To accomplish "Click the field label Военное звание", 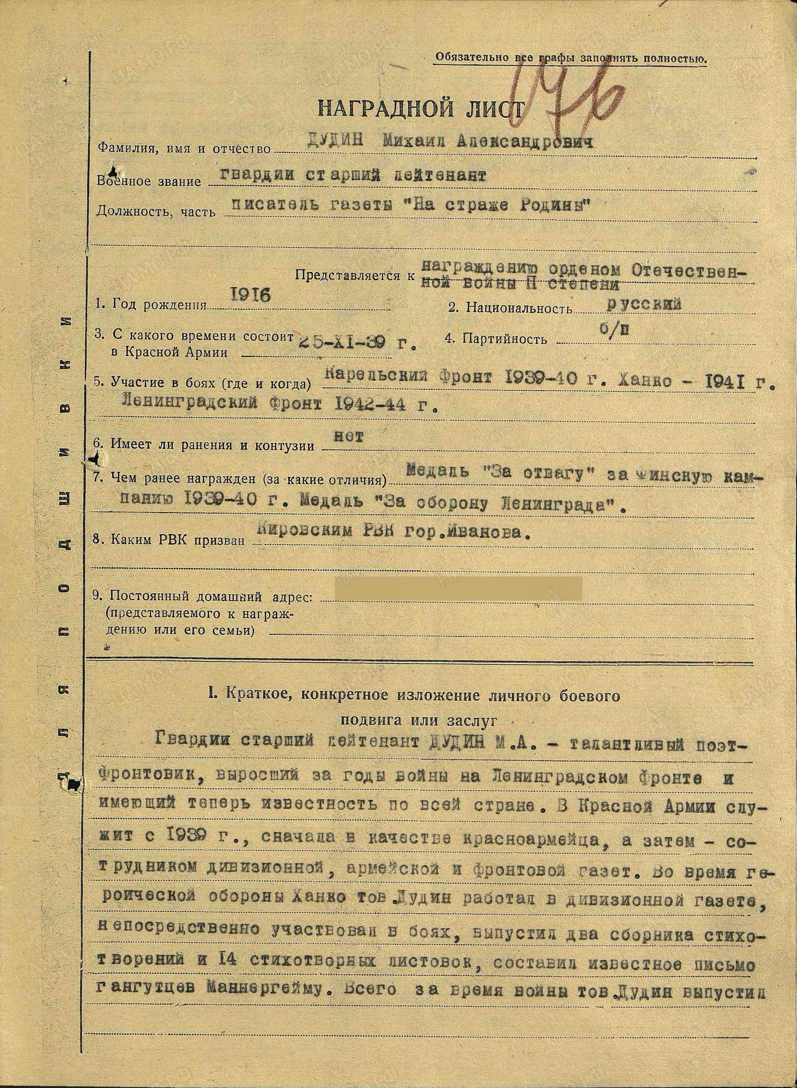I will [x=149, y=181].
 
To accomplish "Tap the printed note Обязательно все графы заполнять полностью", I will [x=571, y=58].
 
